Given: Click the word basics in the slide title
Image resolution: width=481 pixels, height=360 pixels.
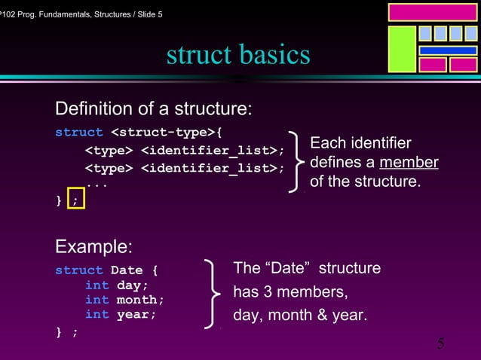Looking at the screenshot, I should tap(274, 55).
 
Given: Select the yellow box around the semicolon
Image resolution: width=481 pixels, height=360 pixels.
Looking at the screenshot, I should tap(76, 200).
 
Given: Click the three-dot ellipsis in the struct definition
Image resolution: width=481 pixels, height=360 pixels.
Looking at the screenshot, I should tap(96, 183).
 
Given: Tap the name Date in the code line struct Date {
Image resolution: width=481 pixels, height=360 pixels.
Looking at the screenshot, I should tap(126, 270).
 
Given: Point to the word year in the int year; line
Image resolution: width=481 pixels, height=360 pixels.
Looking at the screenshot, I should tap(133, 314).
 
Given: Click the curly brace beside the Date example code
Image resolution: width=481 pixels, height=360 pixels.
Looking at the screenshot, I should tap(213, 294).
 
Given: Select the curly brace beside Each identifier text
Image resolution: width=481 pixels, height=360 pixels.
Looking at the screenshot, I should tap(299, 163).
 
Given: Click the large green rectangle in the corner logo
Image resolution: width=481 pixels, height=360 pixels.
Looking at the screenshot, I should tap(401, 49).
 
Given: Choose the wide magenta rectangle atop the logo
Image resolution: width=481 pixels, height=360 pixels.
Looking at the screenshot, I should tap(431, 11).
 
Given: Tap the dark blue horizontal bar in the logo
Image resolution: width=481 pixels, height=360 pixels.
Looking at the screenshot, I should tap(448, 50).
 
